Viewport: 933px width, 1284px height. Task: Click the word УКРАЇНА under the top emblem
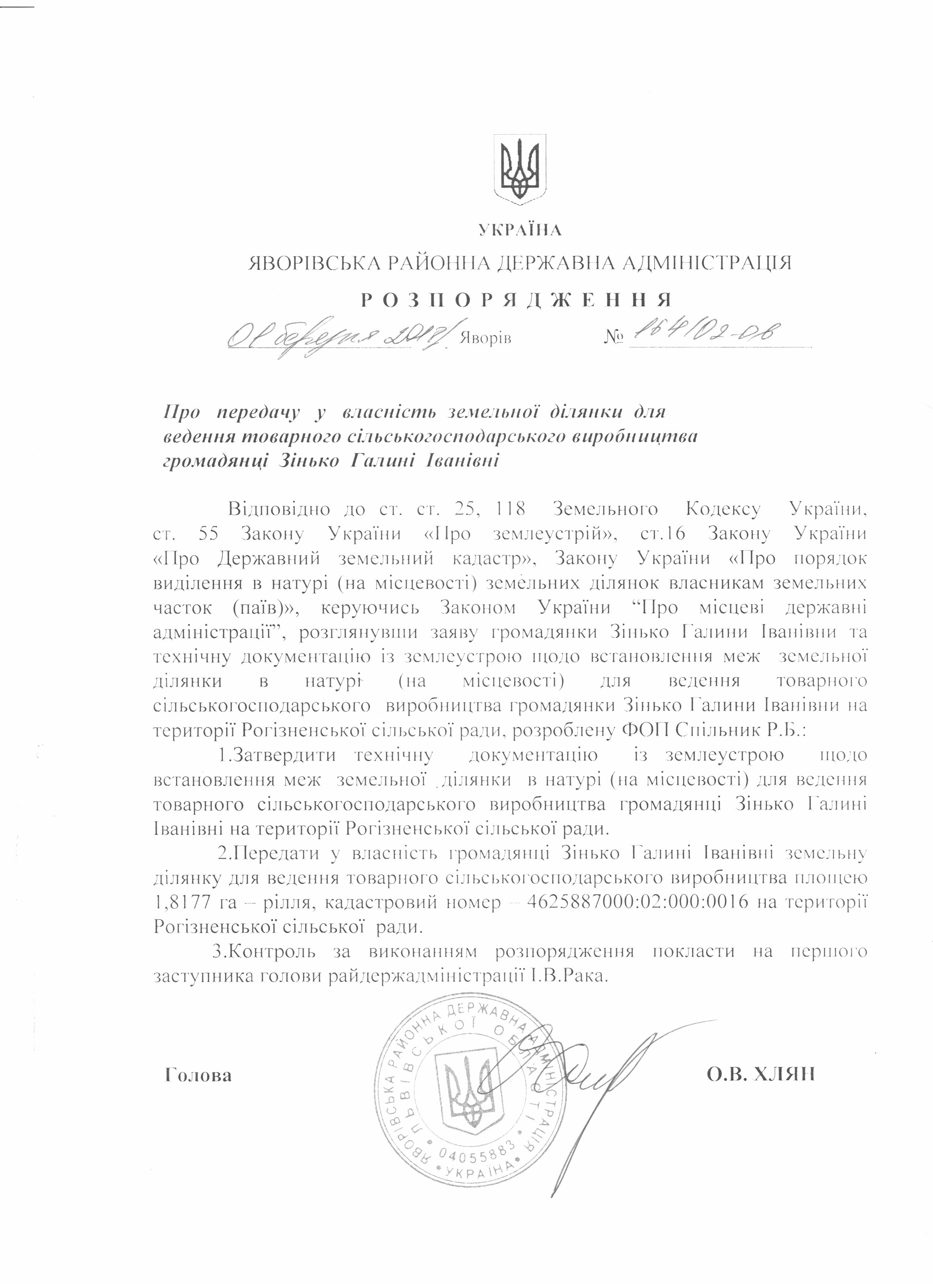(x=520, y=230)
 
